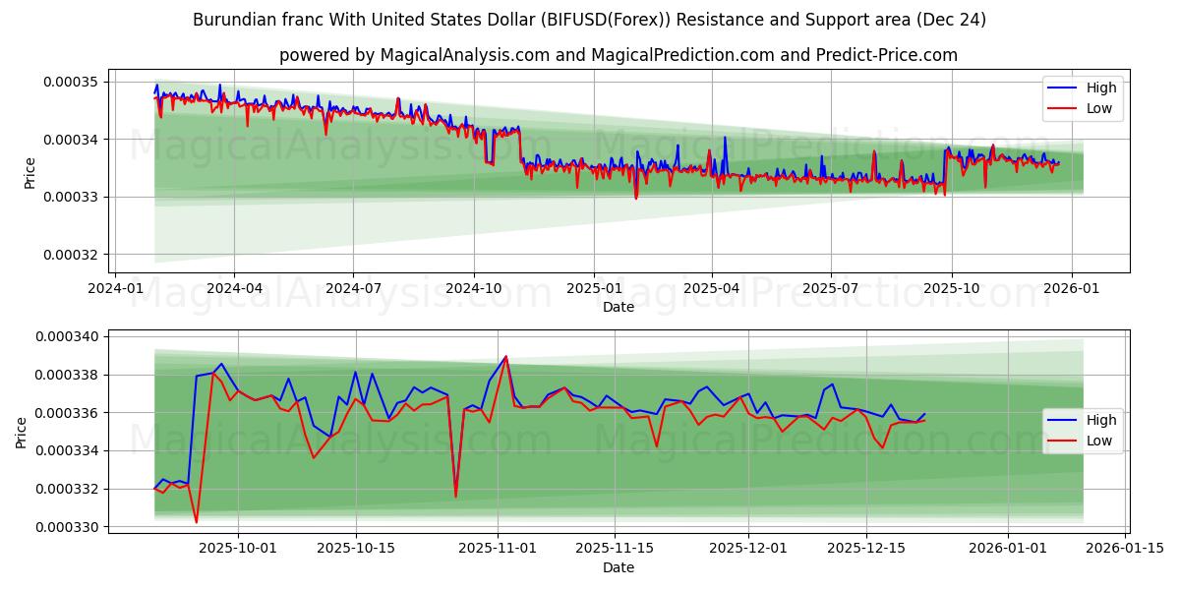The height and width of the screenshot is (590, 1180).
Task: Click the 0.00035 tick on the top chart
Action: coord(72,82)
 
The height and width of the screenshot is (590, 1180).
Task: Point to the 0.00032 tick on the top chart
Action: coord(72,255)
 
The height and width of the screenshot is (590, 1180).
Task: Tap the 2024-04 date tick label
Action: coord(234,288)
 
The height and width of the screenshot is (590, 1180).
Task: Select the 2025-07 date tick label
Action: coord(831,288)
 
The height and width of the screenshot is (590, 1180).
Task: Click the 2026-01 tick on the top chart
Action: coord(1071,288)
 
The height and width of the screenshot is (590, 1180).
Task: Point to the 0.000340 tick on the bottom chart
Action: coord(68,337)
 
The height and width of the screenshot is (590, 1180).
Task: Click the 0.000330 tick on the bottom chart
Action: coord(68,527)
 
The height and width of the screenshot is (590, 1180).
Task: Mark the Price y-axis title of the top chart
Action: coord(29,173)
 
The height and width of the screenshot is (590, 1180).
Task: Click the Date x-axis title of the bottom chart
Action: coord(619,567)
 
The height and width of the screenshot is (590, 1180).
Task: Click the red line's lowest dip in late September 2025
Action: coord(197,521)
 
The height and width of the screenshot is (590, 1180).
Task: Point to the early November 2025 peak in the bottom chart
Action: coord(505,357)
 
